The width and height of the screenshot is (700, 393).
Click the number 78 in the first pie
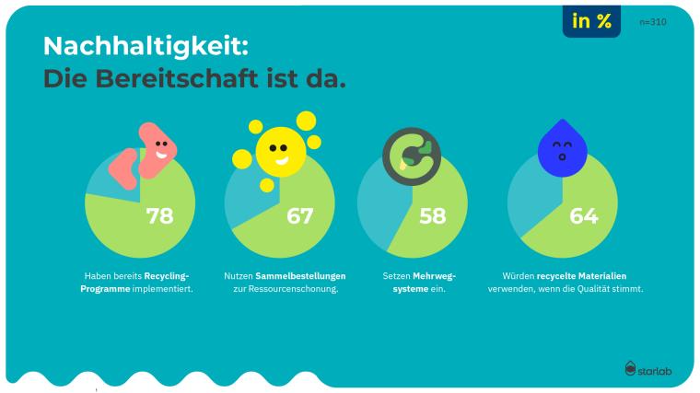click(x=159, y=216)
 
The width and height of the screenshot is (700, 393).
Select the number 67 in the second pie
click(x=299, y=216)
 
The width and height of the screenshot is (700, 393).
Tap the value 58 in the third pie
click(x=432, y=216)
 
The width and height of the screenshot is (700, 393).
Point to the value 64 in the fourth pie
click(x=583, y=216)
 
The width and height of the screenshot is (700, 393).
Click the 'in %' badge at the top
click(x=591, y=21)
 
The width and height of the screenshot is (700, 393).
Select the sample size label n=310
click(x=652, y=21)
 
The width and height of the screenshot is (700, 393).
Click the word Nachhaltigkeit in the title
click(x=146, y=45)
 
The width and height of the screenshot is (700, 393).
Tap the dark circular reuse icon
click(x=412, y=152)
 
